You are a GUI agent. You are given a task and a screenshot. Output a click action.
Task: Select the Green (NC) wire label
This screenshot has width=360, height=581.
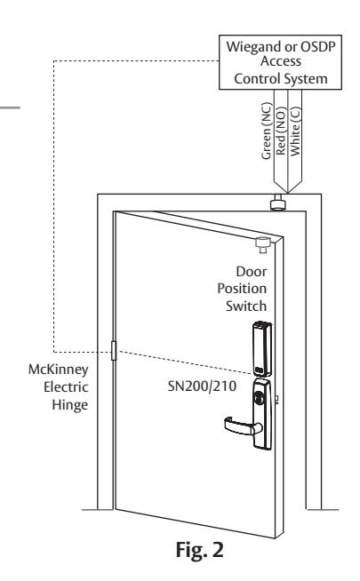click(x=267, y=131)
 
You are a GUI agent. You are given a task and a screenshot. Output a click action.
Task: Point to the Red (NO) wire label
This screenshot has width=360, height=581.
click(x=281, y=131)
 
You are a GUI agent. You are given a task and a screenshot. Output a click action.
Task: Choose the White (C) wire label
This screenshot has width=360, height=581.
click(x=295, y=131)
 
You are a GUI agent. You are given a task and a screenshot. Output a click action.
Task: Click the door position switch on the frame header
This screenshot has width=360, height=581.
click(x=277, y=203)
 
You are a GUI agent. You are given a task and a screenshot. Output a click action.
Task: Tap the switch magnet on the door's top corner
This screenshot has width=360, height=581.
click(x=264, y=244)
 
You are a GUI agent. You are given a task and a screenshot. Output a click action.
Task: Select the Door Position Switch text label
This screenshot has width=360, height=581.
click(x=242, y=289)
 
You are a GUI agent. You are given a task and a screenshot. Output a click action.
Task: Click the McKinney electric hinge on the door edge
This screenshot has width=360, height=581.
click(x=114, y=351)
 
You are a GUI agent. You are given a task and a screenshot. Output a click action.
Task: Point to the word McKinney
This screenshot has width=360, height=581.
click(x=59, y=370)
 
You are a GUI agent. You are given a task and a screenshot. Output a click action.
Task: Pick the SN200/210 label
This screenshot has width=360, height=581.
click(x=202, y=386)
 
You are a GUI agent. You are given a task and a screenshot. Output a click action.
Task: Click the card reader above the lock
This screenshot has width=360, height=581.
click(x=262, y=349)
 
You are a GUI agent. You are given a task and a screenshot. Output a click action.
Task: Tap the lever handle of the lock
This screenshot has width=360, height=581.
click(x=242, y=426)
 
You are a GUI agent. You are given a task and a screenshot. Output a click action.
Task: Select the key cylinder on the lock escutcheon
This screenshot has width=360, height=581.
click(x=257, y=397)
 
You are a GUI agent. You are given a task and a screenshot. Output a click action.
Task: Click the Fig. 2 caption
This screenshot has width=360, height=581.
click(x=199, y=550)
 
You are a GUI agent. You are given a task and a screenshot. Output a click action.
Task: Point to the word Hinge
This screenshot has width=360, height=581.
click(x=69, y=405)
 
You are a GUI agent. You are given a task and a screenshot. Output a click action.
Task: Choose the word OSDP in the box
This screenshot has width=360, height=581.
click(x=317, y=47)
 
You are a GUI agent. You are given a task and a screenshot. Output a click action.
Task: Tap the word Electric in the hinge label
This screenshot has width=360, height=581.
click(x=66, y=387)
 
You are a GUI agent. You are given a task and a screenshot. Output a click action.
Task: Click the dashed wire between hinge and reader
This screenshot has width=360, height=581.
click(x=185, y=362)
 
